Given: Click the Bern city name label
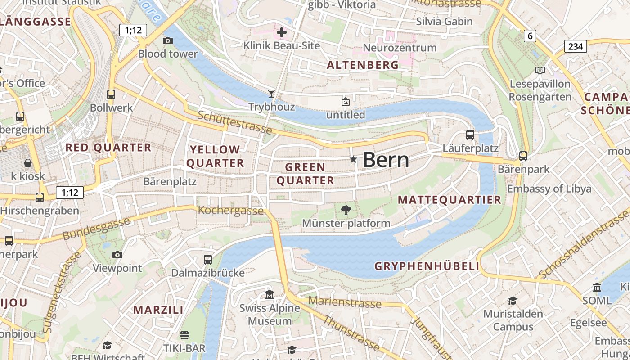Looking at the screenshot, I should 386,160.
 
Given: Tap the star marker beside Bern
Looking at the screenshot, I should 353,159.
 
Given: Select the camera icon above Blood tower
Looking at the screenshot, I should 168,41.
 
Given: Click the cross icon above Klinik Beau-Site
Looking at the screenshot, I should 282,32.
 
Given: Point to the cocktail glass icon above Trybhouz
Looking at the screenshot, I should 271,94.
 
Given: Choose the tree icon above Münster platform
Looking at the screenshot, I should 346,210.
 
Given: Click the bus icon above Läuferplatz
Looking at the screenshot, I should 470,135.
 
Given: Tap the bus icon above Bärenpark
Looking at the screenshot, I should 523,156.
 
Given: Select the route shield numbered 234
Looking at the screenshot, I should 576,46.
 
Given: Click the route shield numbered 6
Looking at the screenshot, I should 530,36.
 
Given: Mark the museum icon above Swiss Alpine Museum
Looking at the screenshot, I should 270,295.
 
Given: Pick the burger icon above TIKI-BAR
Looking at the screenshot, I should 184,335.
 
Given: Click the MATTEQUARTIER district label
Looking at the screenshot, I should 450,200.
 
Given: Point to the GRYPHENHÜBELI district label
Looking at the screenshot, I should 427,266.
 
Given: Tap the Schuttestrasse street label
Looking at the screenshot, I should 235,122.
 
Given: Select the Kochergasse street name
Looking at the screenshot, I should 231,210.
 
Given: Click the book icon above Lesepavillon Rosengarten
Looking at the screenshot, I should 540,70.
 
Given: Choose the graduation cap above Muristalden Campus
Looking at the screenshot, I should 513,300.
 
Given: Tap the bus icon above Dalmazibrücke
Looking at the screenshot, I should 207,259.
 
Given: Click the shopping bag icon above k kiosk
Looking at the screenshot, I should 28,162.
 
